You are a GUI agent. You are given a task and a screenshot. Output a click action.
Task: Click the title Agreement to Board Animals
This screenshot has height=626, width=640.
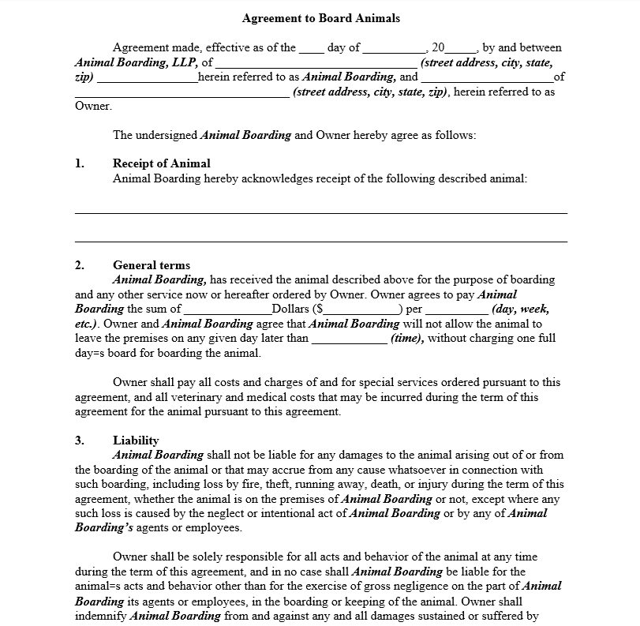[320, 18]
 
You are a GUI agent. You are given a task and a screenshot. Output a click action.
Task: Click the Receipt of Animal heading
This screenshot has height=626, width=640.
[161, 163]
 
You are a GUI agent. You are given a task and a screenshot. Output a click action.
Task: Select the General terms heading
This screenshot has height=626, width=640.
[152, 265]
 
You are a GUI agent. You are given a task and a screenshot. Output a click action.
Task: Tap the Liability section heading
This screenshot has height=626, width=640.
[136, 440]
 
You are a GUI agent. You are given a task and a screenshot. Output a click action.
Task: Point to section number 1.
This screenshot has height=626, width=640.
[79, 163]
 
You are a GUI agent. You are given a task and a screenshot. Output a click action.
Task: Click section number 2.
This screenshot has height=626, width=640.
[79, 265]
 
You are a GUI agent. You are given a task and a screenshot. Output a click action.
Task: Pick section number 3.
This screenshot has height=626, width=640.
[79, 440]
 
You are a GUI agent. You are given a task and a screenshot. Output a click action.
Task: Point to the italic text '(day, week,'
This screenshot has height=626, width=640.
[520, 309]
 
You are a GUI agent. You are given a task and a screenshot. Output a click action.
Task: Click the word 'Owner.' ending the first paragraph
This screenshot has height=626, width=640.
[93, 106]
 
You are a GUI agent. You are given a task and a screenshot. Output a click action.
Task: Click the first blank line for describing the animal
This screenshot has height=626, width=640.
[320, 212]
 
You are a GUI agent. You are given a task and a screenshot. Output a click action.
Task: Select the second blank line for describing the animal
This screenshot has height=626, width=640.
[320, 241]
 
